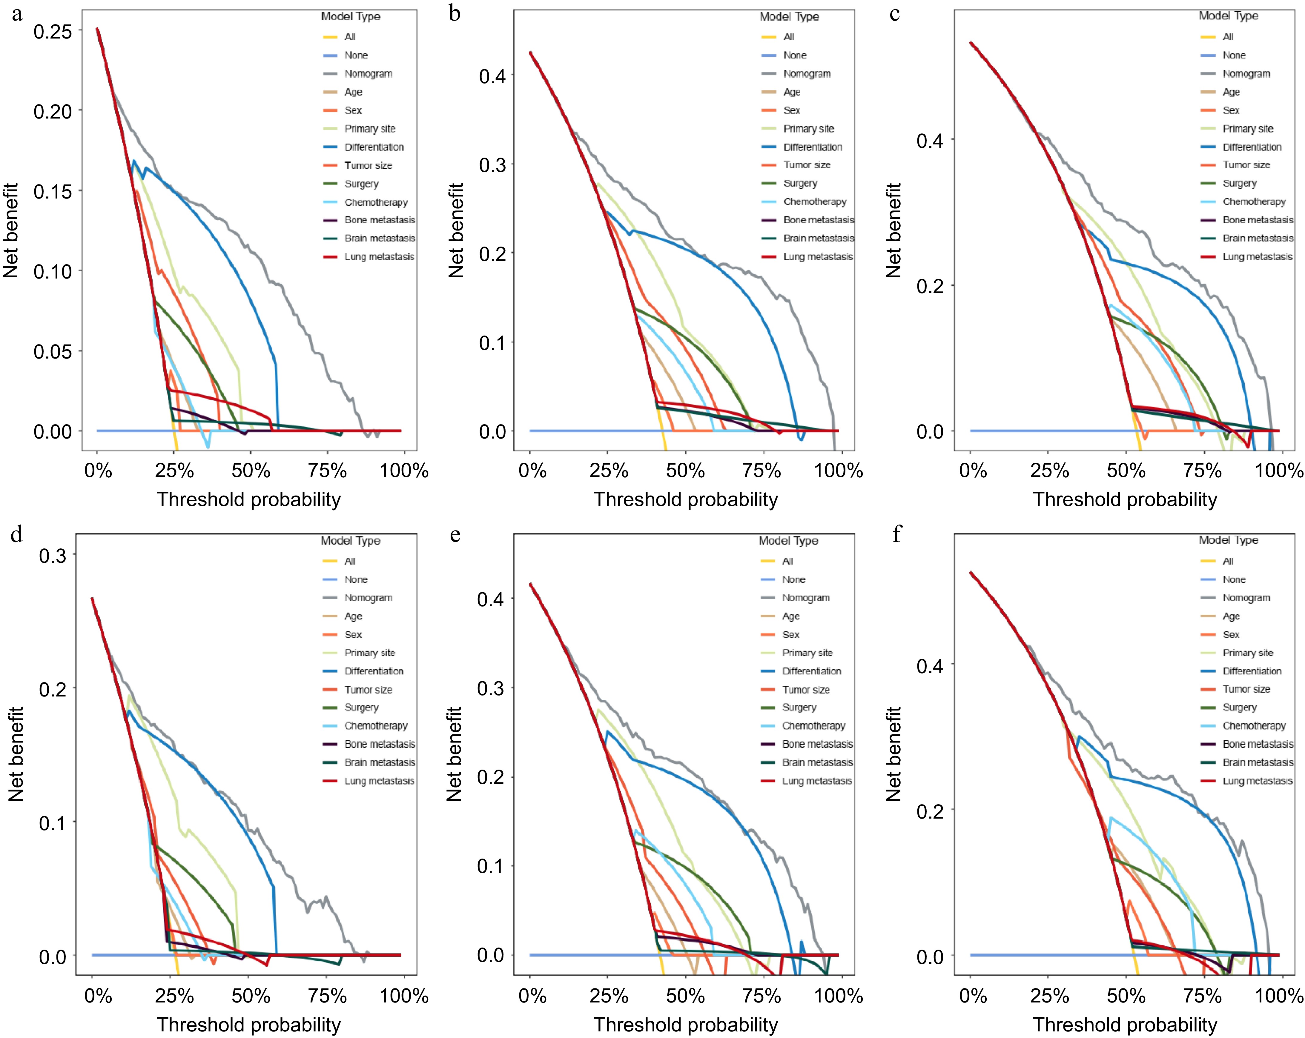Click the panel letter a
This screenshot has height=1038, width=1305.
[x=17, y=13]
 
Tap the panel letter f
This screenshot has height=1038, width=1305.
[x=897, y=534]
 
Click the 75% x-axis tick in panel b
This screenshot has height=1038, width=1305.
[x=761, y=470]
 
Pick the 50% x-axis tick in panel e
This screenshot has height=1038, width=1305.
[x=685, y=996]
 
